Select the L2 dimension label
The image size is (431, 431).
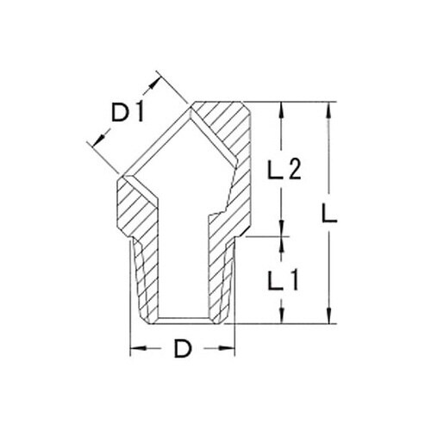pyautogui.click(x=281, y=171)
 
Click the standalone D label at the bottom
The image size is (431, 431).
pyautogui.click(x=183, y=349)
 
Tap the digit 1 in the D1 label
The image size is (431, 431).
pyautogui.click(x=140, y=113)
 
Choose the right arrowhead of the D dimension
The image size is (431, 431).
pyautogui.click(x=229, y=349)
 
